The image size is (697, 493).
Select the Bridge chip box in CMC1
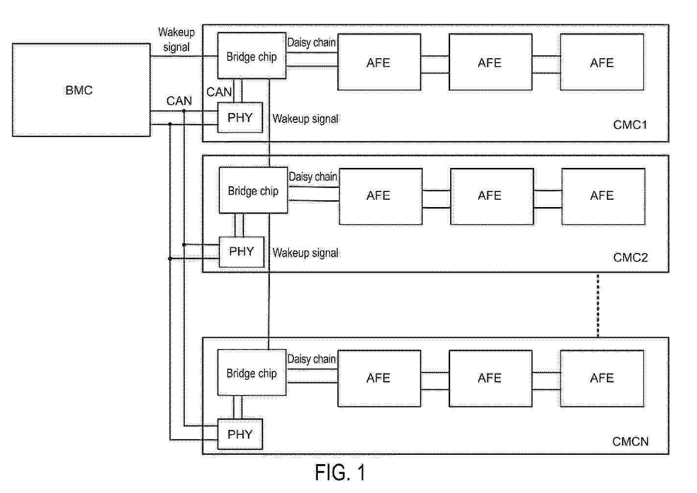tap(251, 56)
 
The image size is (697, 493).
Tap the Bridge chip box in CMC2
tap(253, 190)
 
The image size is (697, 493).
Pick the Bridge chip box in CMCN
tap(251, 373)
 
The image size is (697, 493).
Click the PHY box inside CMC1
tap(240, 117)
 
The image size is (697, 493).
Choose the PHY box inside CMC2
tap(241, 252)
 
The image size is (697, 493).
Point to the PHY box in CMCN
tap(240, 434)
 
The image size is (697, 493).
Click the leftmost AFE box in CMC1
tap(379, 62)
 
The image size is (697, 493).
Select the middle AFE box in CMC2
tap(491, 196)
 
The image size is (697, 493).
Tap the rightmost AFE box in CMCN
tap(601, 378)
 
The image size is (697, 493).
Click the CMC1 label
tap(630, 125)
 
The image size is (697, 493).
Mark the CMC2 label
tap(630, 258)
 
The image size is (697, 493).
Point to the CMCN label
tap(630, 442)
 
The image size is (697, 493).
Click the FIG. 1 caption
tap(340, 473)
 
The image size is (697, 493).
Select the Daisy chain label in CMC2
tap(313, 177)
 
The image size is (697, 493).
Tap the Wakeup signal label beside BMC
tap(176, 40)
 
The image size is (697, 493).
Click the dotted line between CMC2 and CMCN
tap(598, 305)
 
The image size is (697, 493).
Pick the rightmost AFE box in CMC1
tap(601, 62)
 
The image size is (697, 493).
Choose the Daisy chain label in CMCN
tap(312, 359)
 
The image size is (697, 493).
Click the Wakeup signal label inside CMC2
tap(305, 253)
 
